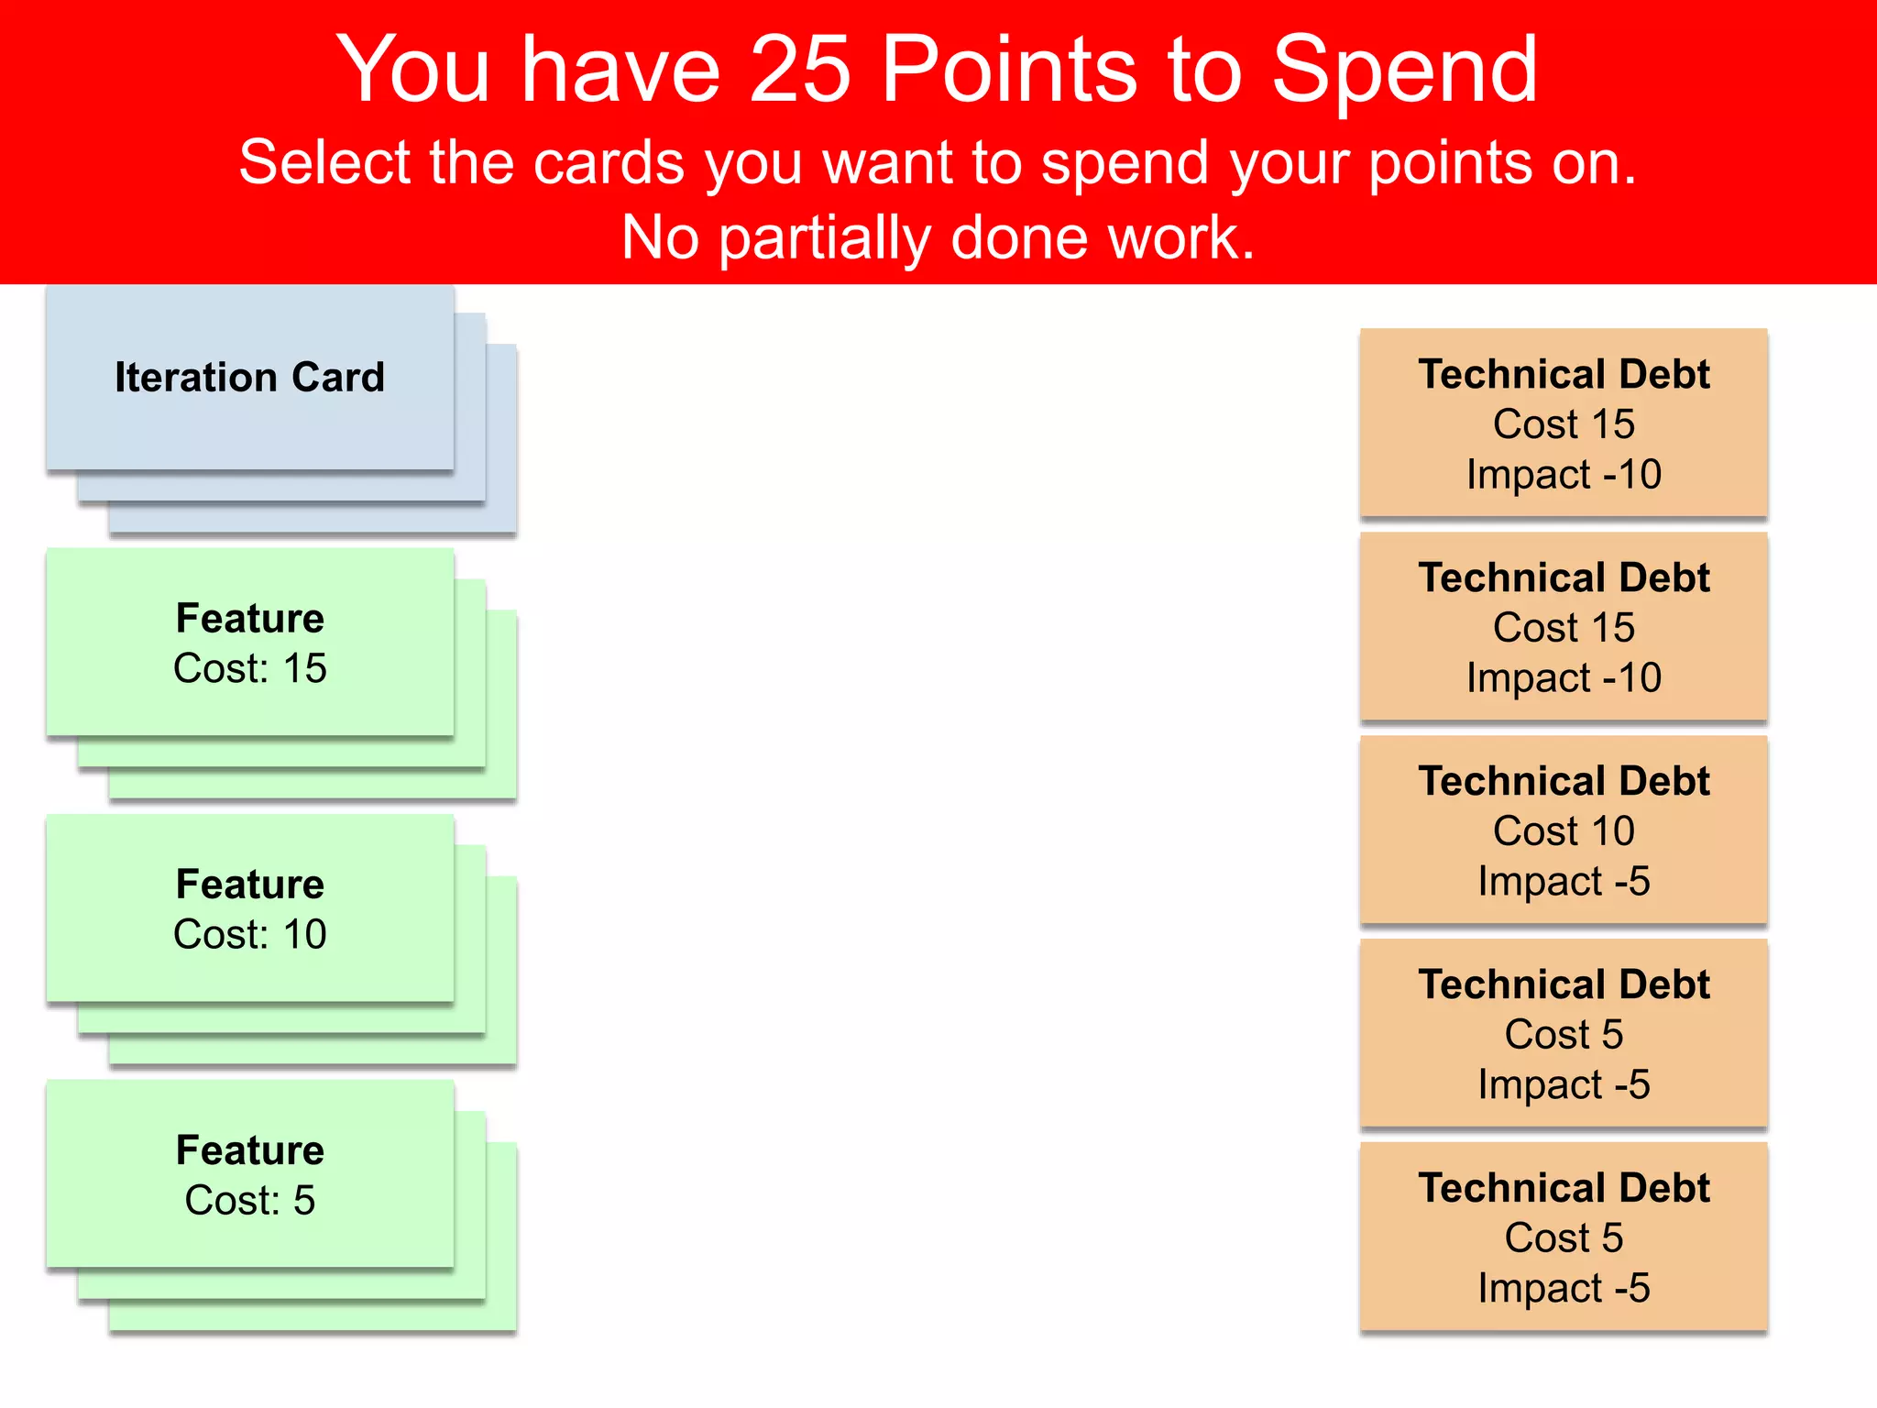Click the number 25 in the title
pos(801,69)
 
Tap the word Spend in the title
pos(1404,69)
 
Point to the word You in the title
pos(414,69)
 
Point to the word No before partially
pos(660,238)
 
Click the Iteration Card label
pos(249,378)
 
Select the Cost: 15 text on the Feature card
pos(249,668)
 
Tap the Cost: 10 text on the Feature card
pos(249,934)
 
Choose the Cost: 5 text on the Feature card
pos(249,1200)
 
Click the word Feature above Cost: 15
pos(249,618)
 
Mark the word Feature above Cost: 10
pos(249,884)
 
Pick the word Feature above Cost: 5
pos(249,1149)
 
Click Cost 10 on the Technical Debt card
pos(1564,831)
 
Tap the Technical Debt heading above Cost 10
pos(1564,781)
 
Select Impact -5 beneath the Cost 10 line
pos(1564,882)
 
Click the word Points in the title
pos(1008,69)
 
